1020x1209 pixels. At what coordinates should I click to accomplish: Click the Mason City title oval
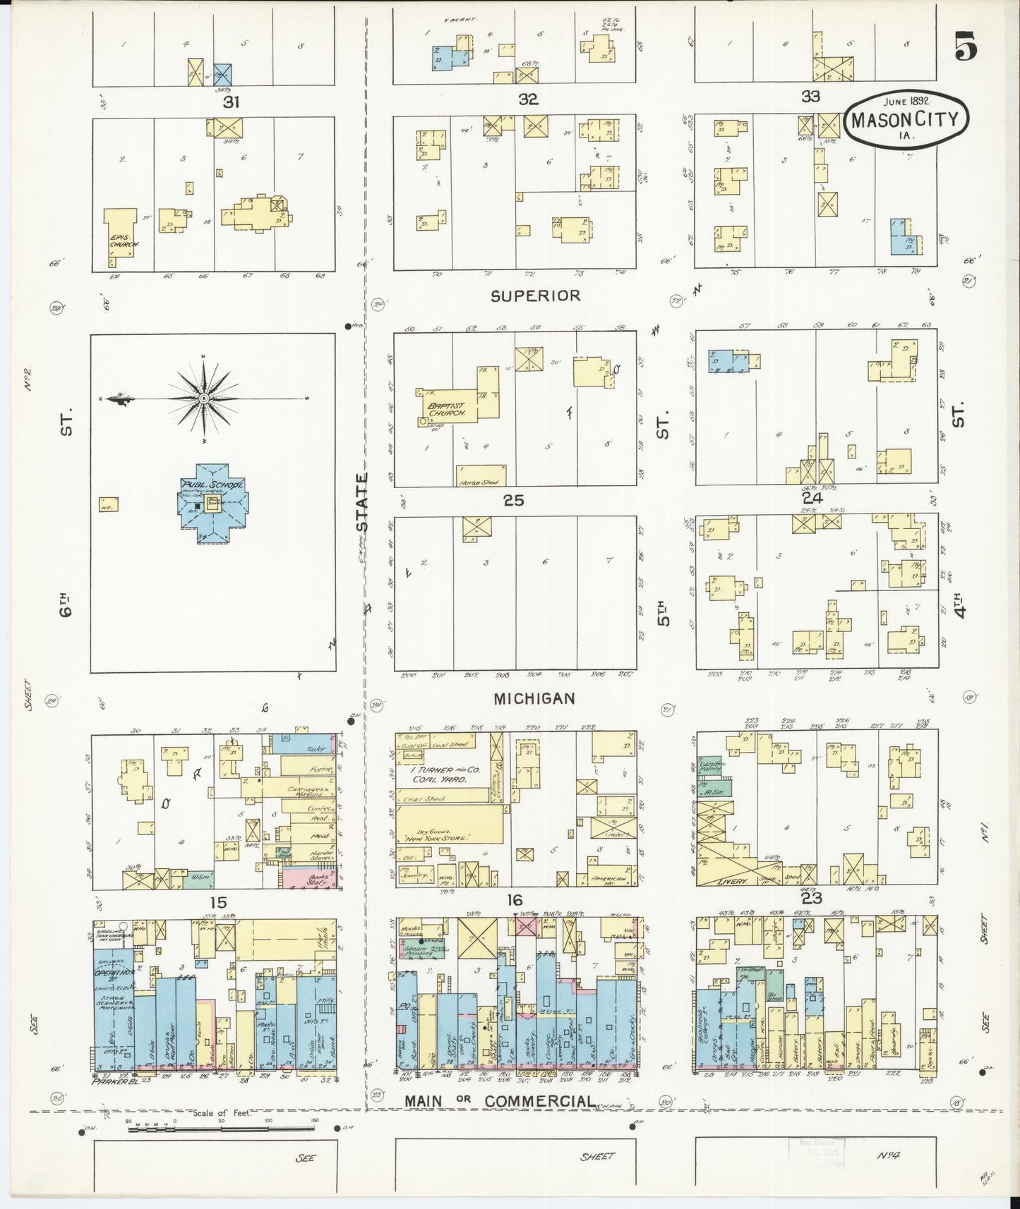pyautogui.click(x=906, y=119)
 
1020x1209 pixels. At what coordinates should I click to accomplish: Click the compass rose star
pyautogui.click(x=204, y=399)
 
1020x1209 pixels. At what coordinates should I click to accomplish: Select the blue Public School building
pyautogui.click(x=212, y=504)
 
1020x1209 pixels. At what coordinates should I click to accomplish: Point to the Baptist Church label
pyautogui.click(x=445, y=410)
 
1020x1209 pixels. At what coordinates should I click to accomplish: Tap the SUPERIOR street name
pyautogui.click(x=535, y=296)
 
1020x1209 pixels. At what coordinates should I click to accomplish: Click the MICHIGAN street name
pyautogui.click(x=534, y=698)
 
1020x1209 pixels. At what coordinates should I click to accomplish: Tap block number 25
pyautogui.click(x=513, y=500)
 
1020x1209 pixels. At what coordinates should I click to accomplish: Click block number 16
pyautogui.click(x=514, y=900)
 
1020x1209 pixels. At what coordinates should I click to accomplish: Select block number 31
pyautogui.click(x=231, y=102)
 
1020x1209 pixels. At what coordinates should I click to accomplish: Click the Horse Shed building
pyautogui.click(x=481, y=475)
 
